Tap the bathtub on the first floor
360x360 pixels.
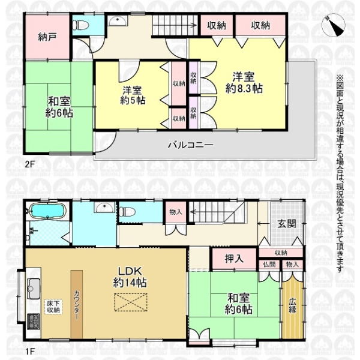pos(48,211)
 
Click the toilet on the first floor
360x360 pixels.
pos(127,212)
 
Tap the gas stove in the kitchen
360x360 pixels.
pos(34,322)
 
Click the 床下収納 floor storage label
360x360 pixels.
pos(53,307)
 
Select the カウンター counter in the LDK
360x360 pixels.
pos(76,304)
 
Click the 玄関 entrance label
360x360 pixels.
pos(287,224)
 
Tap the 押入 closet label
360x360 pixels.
pos(234,259)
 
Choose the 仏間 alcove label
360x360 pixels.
pos(269,264)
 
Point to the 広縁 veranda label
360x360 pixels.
pos(293,305)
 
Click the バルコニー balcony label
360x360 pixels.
pos(191,145)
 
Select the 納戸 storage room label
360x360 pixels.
pos(47,37)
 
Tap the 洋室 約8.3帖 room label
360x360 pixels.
pos(244,82)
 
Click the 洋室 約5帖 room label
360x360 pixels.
pos(133,95)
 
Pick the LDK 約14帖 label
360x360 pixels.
pos(130,277)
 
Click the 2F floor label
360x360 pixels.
pos(30,164)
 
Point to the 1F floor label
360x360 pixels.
pos(30,351)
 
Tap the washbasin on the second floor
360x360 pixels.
pos(117,21)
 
